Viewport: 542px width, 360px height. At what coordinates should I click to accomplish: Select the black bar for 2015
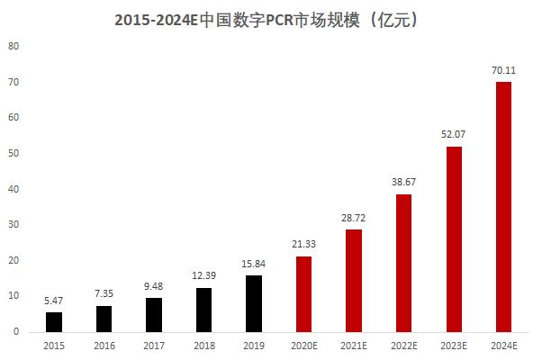(x=54, y=321)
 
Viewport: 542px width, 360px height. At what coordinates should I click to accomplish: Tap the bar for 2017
(x=154, y=314)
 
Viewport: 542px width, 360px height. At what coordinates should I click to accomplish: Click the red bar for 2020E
(x=304, y=293)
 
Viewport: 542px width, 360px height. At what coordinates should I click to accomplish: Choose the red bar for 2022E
(x=404, y=263)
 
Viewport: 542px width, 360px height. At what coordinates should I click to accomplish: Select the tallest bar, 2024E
(x=504, y=207)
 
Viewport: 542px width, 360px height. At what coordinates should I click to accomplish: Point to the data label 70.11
(x=504, y=70)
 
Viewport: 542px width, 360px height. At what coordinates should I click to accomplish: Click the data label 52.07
(x=454, y=134)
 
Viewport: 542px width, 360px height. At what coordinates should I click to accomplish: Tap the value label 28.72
(x=355, y=218)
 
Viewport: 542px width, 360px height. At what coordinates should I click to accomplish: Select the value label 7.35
(x=104, y=293)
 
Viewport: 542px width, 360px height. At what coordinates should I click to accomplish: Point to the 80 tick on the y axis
(x=13, y=46)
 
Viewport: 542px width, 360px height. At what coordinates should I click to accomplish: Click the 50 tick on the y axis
(x=13, y=153)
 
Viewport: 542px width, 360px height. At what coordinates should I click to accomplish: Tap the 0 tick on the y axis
(x=15, y=331)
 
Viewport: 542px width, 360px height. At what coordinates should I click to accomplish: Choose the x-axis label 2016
(x=104, y=345)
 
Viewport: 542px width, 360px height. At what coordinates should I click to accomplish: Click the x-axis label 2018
(x=204, y=345)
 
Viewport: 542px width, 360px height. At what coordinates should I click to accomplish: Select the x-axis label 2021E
(x=355, y=345)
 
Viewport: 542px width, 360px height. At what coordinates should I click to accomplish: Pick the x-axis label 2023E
(x=454, y=345)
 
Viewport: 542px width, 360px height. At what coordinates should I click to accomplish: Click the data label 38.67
(x=404, y=182)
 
